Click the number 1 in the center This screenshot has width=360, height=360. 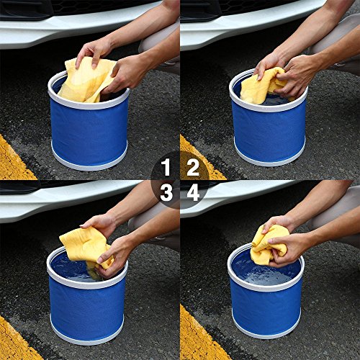[x=166, y=167]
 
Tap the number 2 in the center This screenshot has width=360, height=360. [x=193, y=167]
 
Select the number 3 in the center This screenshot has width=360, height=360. [x=166, y=192]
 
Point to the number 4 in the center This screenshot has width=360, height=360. [x=193, y=192]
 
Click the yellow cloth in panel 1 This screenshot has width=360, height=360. [x=84, y=81]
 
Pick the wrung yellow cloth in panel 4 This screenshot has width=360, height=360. [x=269, y=245]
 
